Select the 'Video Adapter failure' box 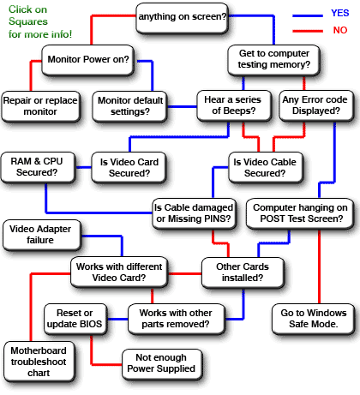[41, 234]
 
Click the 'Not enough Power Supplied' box [162, 363]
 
